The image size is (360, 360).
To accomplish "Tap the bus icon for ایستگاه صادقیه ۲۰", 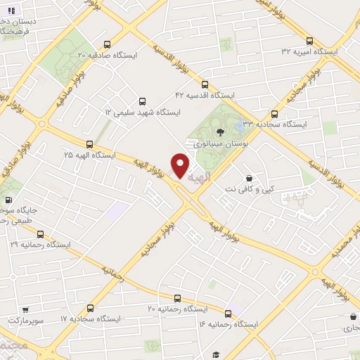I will pos(107,42).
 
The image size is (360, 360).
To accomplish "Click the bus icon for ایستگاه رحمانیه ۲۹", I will pos(39,234).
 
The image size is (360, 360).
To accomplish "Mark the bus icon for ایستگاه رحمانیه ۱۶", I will pos(228,313).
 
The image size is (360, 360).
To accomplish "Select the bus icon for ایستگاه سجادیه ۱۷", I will pos(90,308).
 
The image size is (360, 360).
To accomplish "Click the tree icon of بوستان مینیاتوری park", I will pos(220,131).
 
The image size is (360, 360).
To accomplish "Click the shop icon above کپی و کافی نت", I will pos(250,179).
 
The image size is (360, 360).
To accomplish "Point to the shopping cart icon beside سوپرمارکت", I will pos(25,309).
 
